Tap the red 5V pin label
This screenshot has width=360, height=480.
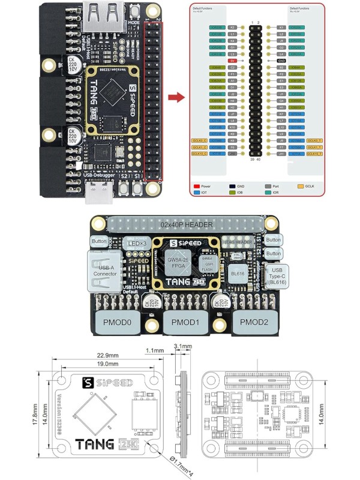pyautogui.click(x=232, y=61)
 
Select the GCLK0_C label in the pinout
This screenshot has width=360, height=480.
pyautogui.click(x=199, y=140)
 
